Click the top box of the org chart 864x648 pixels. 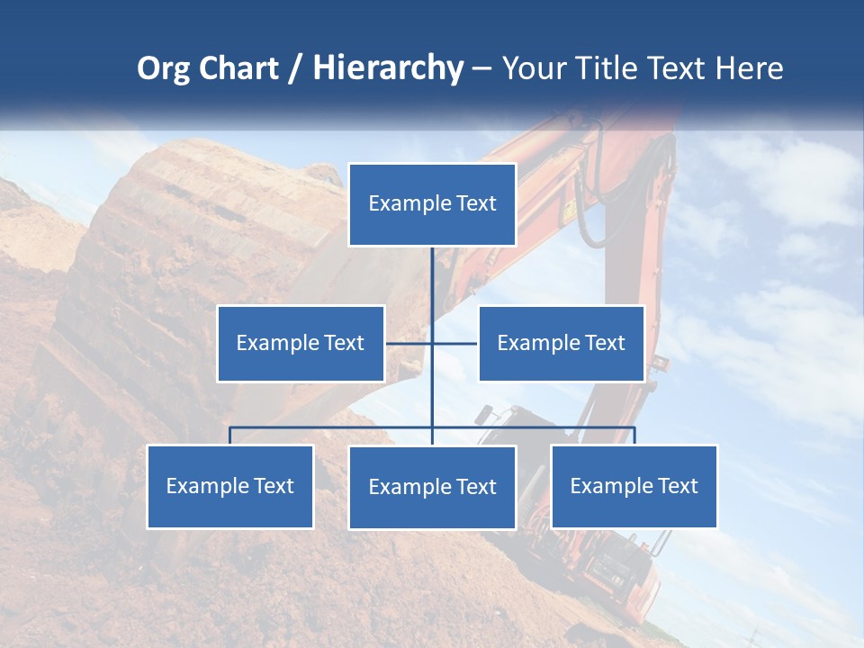pyautogui.click(x=432, y=204)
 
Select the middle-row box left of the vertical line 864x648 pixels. pyautogui.click(x=301, y=343)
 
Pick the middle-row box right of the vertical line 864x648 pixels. pyautogui.click(x=561, y=343)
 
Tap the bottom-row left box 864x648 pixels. pyautogui.click(x=229, y=486)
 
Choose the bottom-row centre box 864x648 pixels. pyautogui.click(x=432, y=487)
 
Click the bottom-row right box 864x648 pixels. pyautogui.click(x=634, y=486)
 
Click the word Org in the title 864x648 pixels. pyautogui.click(x=163, y=68)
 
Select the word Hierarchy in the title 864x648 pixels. pyautogui.click(x=388, y=68)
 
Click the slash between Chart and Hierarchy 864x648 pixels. pyautogui.click(x=295, y=68)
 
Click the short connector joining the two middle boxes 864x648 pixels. pyautogui.click(x=409, y=343)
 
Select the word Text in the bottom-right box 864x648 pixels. pyautogui.click(x=677, y=486)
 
